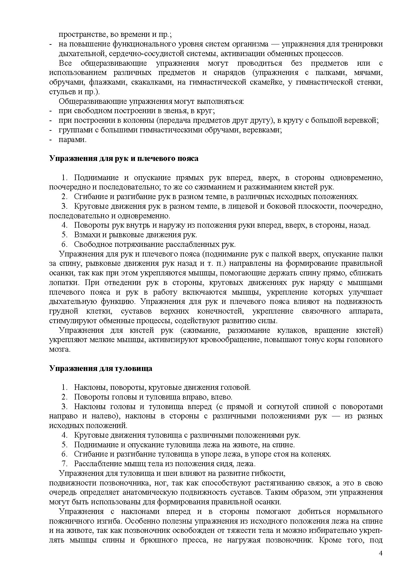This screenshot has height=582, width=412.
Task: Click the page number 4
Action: point(381,553)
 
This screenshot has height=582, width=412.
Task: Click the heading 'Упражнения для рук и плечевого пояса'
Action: point(124,159)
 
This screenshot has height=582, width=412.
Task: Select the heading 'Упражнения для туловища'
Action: point(101,368)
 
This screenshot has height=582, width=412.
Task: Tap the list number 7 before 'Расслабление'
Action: point(65,464)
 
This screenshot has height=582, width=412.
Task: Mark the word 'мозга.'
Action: point(60,349)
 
